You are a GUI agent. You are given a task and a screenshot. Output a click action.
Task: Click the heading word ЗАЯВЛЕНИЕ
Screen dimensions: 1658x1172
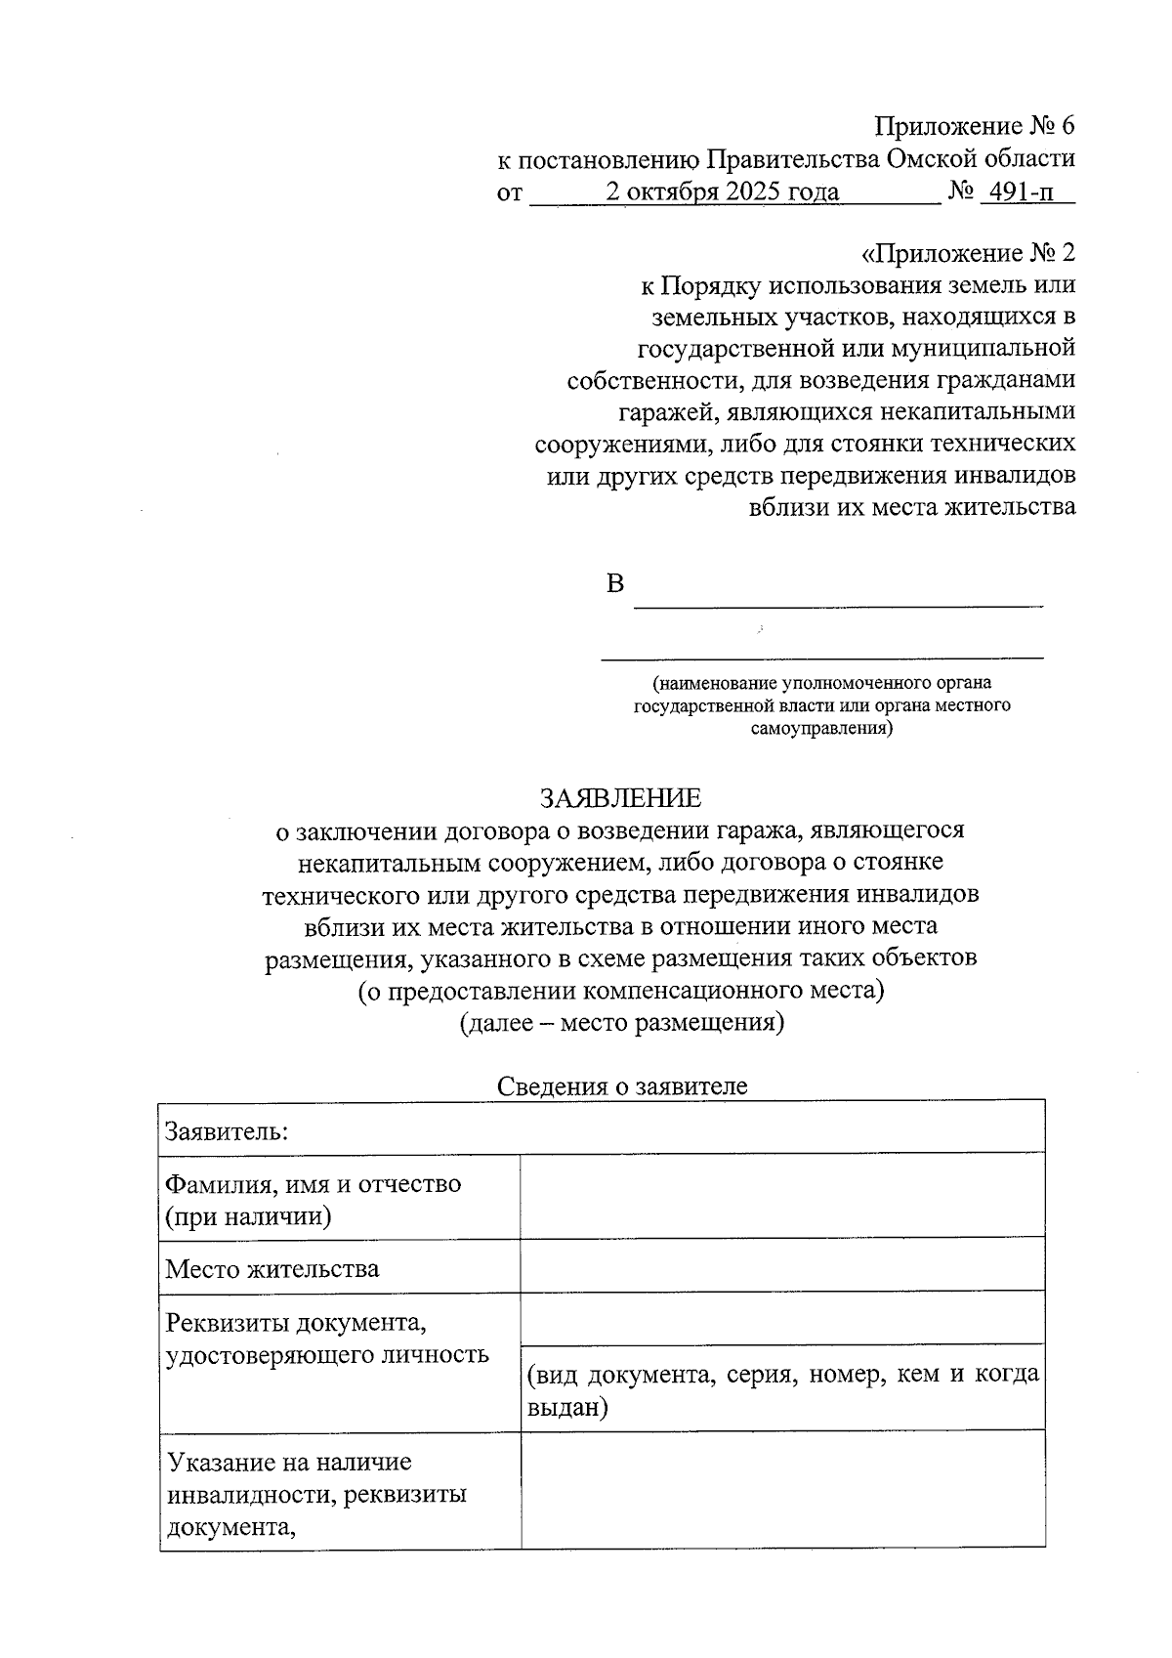[x=620, y=798]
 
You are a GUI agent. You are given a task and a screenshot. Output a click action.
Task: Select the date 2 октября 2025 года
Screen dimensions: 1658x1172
[x=722, y=191]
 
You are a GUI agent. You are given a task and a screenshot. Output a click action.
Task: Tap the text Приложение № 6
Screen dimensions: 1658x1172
[x=974, y=126]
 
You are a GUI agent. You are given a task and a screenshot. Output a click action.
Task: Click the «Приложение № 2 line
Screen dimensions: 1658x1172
[x=968, y=254]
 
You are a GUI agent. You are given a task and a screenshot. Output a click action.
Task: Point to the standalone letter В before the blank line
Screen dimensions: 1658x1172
[x=614, y=584]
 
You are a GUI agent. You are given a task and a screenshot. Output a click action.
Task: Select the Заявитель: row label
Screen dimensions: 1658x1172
[x=227, y=1131]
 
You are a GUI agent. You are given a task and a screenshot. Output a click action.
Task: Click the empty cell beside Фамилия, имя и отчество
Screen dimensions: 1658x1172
[x=781, y=1196]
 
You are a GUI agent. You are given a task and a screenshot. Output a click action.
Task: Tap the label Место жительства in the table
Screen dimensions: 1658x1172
[x=272, y=1269]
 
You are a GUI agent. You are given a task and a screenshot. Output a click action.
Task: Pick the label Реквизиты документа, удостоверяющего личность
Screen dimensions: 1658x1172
[x=327, y=1339]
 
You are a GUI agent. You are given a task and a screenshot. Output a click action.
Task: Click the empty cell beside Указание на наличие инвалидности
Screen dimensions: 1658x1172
[x=781, y=1488]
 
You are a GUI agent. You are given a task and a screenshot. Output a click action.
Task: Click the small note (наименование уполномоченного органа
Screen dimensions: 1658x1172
[x=821, y=683]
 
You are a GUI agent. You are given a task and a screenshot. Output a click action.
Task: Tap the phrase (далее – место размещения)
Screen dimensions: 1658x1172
[x=621, y=1023]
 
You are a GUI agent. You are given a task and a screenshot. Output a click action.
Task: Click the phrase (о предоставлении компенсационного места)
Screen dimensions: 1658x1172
[x=621, y=991]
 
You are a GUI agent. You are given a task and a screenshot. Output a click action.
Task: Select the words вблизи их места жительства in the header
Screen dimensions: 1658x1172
[x=911, y=507]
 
